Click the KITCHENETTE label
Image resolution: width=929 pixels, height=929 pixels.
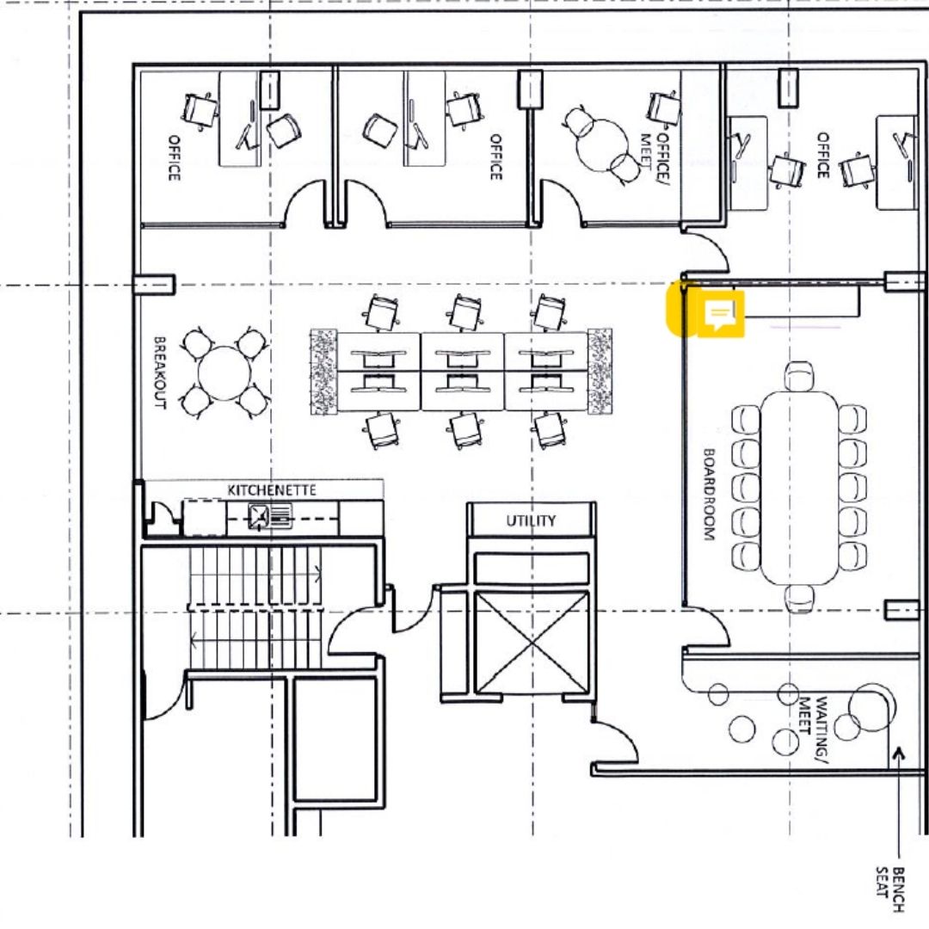tap(272, 490)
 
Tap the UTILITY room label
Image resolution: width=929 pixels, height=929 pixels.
tap(531, 520)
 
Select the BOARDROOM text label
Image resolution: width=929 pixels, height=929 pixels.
tap(709, 494)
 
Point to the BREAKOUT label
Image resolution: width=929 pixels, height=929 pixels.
tap(160, 372)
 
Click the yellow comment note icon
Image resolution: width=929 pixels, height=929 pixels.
tap(720, 314)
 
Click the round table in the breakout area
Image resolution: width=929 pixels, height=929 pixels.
tap(225, 373)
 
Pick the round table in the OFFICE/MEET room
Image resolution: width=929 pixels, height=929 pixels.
tap(602, 145)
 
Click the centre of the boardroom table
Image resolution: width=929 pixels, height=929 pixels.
tap(798, 488)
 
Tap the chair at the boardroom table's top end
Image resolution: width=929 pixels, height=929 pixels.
tap(798, 376)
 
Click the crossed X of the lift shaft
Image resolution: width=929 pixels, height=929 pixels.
tap(532, 643)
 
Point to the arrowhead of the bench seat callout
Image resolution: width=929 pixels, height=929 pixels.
tap(899, 753)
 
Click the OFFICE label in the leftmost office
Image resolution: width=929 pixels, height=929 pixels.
tap(174, 157)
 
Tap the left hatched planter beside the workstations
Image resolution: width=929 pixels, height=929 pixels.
tap(323, 372)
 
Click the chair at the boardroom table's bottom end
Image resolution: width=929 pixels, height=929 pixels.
tap(798, 599)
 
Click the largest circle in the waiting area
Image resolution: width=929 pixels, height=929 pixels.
tap(871, 708)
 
